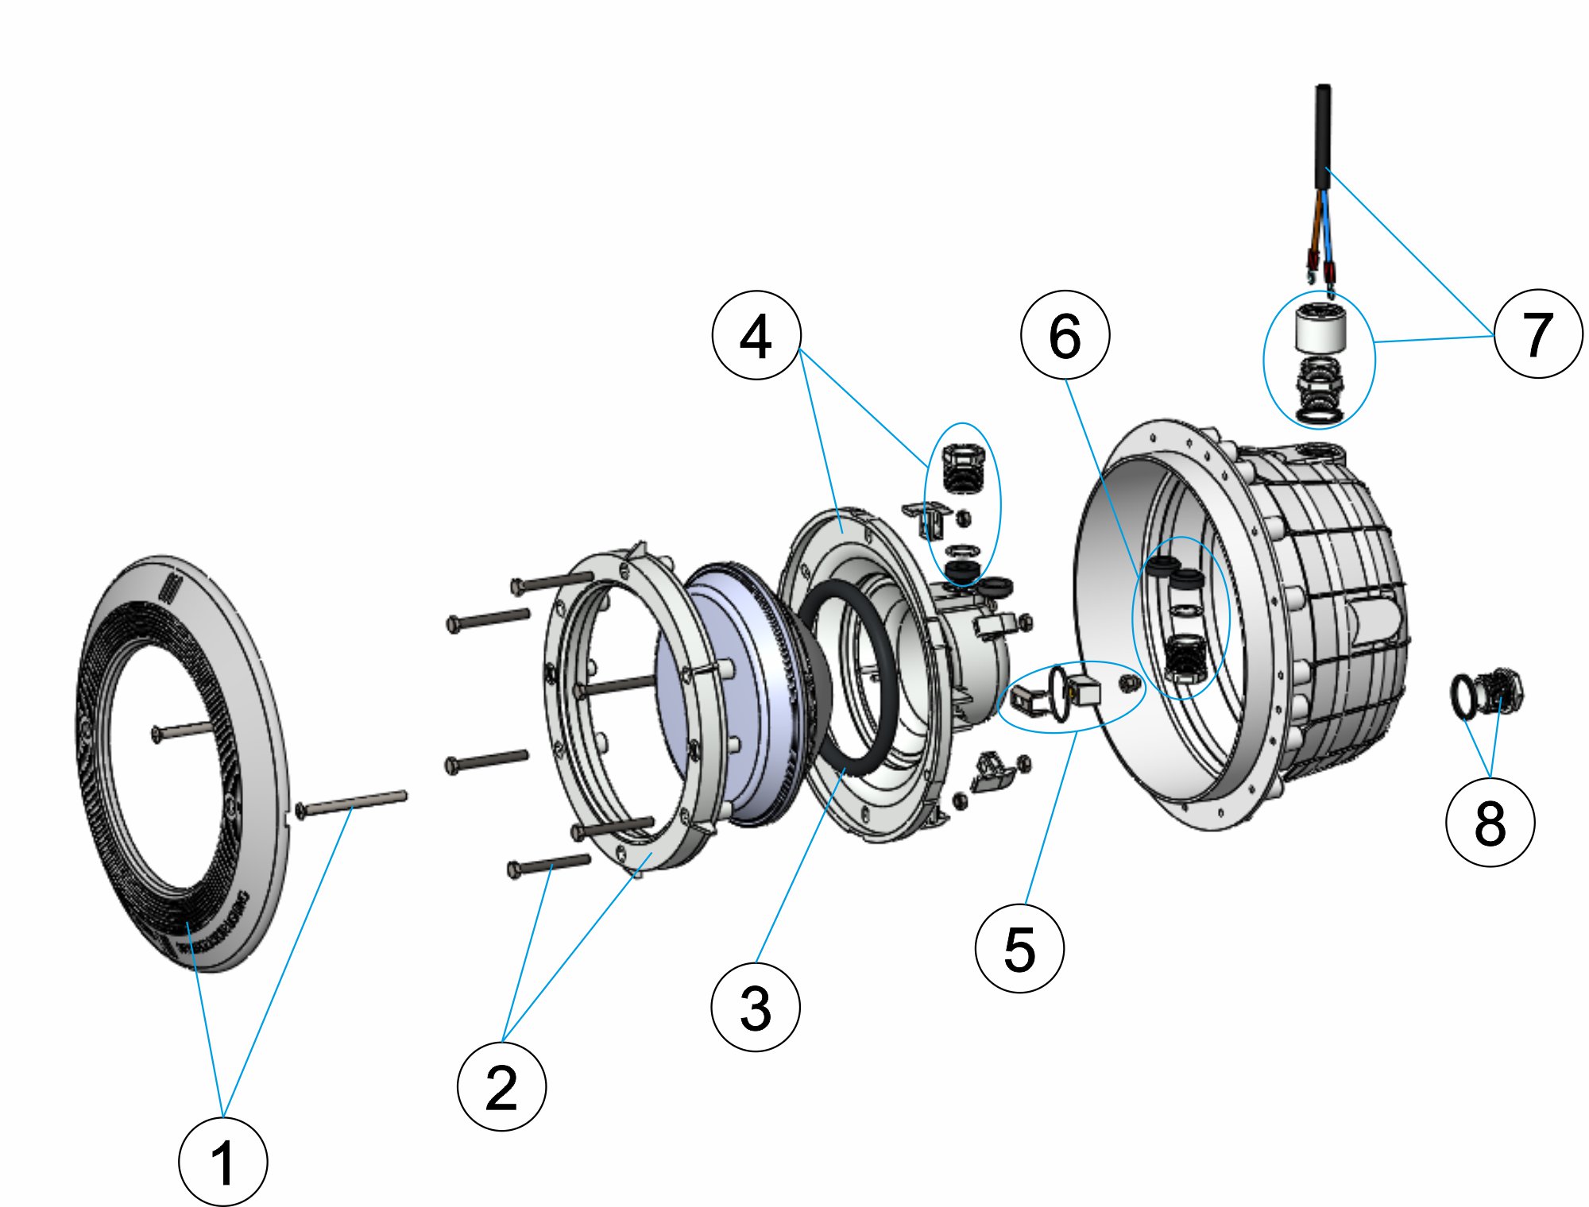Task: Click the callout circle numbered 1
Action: pyautogui.click(x=223, y=1162)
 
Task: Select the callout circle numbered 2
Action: pyautogui.click(x=501, y=1086)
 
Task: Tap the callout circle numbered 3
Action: pyautogui.click(x=756, y=1008)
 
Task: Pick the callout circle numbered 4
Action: pyautogui.click(x=756, y=335)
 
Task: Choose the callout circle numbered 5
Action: pyautogui.click(x=1019, y=948)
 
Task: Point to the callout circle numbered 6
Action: pyautogui.click(x=1065, y=334)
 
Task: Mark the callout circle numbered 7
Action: pyautogui.click(x=1538, y=334)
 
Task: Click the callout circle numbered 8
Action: pyautogui.click(x=1490, y=822)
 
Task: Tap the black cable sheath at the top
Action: pyautogui.click(x=1323, y=135)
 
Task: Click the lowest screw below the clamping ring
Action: pyautogui.click(x=549, y=865)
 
